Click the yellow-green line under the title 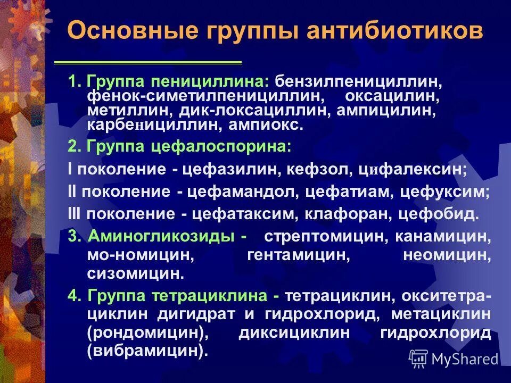[149, 63]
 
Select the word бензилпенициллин [359, 83]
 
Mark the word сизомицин [136, 274]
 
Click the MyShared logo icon [418, 359]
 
